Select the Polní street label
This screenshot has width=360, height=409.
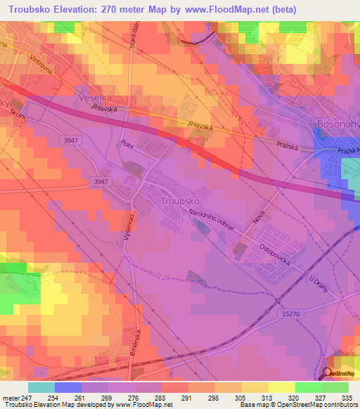[108, 143]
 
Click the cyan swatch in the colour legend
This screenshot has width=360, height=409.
[41, 387]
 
